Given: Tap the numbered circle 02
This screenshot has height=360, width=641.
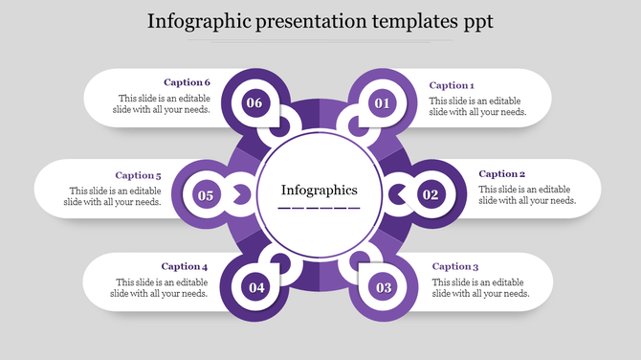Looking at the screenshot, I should [431, 195].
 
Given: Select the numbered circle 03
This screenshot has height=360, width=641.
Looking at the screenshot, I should [384, 287].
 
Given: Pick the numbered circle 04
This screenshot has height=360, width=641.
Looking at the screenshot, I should [255, 287].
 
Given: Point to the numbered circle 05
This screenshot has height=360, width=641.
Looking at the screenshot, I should [206, 195].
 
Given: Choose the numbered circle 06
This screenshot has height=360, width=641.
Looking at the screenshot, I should [254, 103].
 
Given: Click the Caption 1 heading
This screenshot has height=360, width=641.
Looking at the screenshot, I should [451, 85].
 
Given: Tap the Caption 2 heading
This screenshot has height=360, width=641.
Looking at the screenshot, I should [501, 174].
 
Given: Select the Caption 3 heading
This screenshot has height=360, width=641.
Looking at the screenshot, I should [454, 266].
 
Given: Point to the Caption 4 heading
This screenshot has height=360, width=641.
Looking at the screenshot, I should [185, 266].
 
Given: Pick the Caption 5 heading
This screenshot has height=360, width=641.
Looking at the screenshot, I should [138, 175].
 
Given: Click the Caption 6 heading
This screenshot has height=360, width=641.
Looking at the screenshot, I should [187, 82].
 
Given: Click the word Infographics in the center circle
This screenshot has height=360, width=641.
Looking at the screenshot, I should [319, 190].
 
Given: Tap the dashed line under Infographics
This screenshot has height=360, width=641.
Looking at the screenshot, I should [319, 208].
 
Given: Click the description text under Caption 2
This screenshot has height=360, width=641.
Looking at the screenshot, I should [527, 194].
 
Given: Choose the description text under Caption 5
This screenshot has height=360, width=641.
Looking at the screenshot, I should [113, 195].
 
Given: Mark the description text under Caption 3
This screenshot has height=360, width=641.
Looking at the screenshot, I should [480, 287].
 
